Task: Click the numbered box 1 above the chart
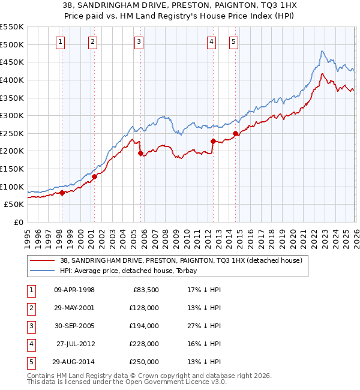tap(62, 41)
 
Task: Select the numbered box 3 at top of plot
tap(139, 41)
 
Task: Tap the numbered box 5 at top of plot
tap(233, 41)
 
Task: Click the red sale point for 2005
tap(141, 154)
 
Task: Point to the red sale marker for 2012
tap(213, 141)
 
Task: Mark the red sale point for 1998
tap(62, 193)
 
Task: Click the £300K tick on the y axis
tap(12, 115)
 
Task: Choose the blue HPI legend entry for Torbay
tap(131, 271)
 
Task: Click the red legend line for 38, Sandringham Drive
tap(43, 260)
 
